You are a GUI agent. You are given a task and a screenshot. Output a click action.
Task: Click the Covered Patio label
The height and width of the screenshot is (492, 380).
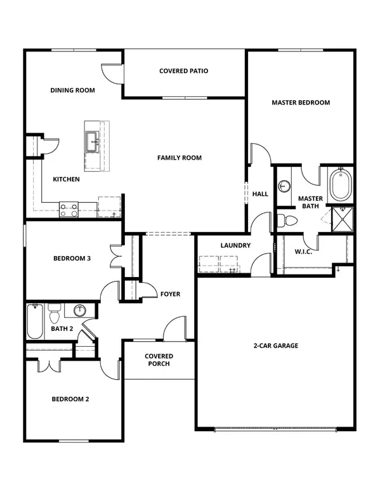click(x=184, y=71)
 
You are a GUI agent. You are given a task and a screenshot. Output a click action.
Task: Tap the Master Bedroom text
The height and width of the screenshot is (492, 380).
click(x=301, y=102)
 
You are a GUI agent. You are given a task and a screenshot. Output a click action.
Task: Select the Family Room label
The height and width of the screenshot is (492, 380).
click(x=180, y=157)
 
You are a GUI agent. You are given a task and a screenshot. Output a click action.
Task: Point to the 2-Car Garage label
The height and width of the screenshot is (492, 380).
click(x=276, y=346)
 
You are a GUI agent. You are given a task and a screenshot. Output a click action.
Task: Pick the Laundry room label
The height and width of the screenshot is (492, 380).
click(x=235, y=245)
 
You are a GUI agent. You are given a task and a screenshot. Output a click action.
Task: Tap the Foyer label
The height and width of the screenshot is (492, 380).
click(x=170, y=294)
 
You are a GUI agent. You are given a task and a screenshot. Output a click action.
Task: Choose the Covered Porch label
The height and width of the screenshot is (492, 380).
click(x=159, y=360)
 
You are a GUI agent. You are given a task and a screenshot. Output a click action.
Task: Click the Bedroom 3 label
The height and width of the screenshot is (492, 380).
click(x=72, y=258)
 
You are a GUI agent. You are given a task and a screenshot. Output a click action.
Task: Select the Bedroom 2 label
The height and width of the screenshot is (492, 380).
click(x=70, y=399)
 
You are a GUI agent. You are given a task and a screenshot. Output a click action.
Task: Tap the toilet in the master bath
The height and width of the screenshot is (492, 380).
click(x=290, y=221)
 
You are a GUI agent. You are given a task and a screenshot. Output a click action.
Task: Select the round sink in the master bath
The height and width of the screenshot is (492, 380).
click(x=285, y=186)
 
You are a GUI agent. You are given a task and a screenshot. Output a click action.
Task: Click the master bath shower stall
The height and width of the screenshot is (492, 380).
click(x=343, y=219)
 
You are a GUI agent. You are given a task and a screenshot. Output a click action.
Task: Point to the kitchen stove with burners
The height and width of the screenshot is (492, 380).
click(x=69, y=209)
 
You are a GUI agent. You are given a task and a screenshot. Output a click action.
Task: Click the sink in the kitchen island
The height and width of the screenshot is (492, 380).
click(x=92, y=141)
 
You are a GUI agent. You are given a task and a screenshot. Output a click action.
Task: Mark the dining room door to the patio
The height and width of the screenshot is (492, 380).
click(x=112, y=73)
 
